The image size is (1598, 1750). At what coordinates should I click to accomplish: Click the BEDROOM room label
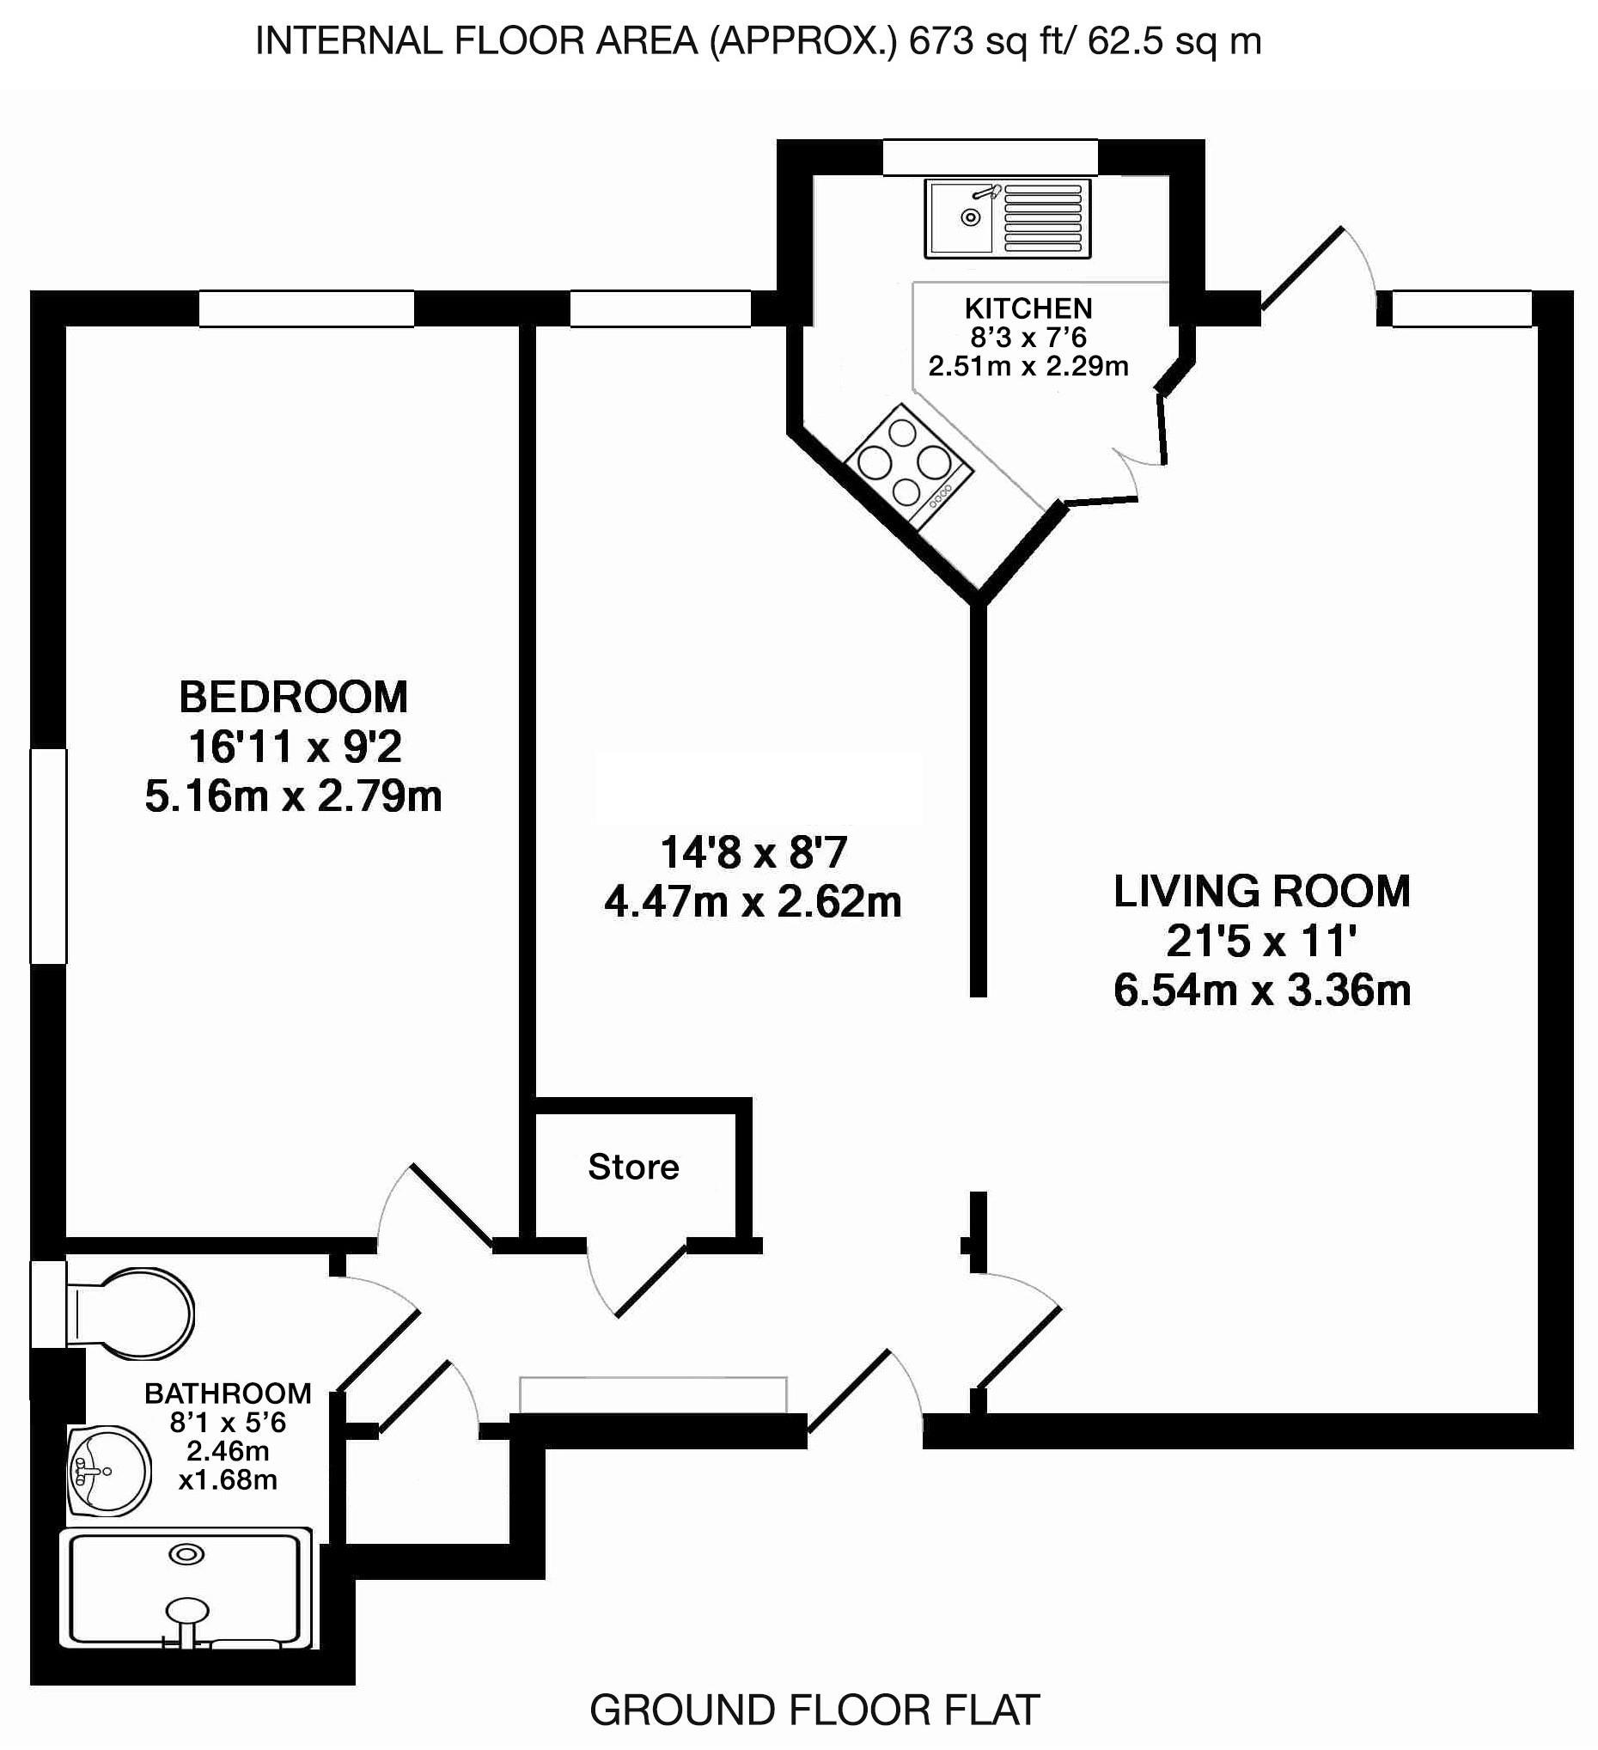pyautogui.click(x=292, y=697)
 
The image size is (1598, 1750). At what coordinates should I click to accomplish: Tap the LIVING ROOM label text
pyautogui.click(x=1261, y=892)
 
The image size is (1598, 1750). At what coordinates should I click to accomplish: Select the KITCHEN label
pyautogui.click(x=1028, y=308)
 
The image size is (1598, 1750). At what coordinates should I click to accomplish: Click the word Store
pyautogui.click(x=633, y=1168)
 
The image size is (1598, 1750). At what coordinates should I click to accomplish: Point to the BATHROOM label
pyautogui.click(x=228, y=1393)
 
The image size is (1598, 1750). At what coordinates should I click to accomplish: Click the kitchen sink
pyautogui.click(x=1007, y=218)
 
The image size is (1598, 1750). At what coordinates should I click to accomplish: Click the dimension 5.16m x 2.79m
pyautogui.click(x=293, y=796)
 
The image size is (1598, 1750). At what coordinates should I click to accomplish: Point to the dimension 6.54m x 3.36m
pyautogui.click(x=1261, y=991)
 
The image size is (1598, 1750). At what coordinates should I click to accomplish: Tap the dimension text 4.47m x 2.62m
pyautogui.click(x=753, y=903)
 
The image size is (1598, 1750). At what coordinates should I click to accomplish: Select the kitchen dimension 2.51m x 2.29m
pyautogui.click(x=1028, y=366)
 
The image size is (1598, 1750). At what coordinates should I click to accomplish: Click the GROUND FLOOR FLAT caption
pyautogui.click(x=814, y=1710)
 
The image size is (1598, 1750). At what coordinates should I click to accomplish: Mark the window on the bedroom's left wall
pyautogui.click(x=49, y=856)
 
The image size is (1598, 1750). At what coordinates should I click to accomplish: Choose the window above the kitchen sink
pyautogui.click(x=990, y=158)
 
